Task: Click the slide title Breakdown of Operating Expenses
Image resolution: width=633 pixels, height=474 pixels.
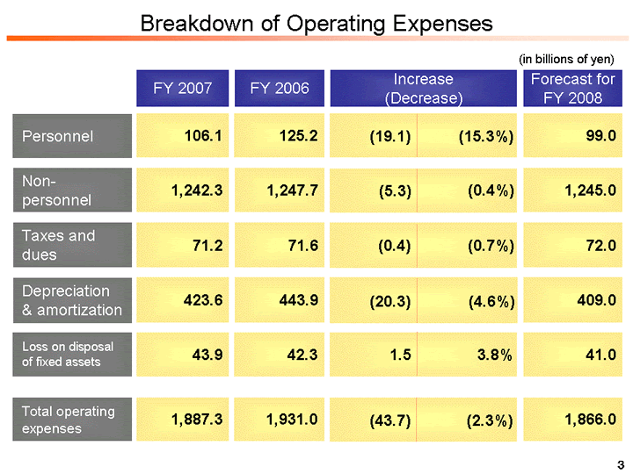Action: tap(316, 23)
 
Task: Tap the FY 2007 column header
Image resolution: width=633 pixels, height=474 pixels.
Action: tap(182, 88)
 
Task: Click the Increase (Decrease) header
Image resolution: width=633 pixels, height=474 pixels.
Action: tap(423, 89)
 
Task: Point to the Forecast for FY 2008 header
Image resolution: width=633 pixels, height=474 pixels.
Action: tap(572, 89)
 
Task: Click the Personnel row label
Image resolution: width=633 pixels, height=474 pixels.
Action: tap(58, 136)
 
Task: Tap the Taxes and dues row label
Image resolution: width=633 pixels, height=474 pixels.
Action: tap(58, 245)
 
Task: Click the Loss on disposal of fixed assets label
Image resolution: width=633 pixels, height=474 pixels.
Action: tap(68, 354)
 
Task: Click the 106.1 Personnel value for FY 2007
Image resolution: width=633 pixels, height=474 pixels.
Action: tap(203, 136)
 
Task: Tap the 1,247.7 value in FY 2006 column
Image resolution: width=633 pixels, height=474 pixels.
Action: tap(292, 190)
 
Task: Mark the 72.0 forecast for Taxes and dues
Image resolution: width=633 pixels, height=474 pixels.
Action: tap(598, 245)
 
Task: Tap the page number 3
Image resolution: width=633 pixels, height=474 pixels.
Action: tap(620, 463)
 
